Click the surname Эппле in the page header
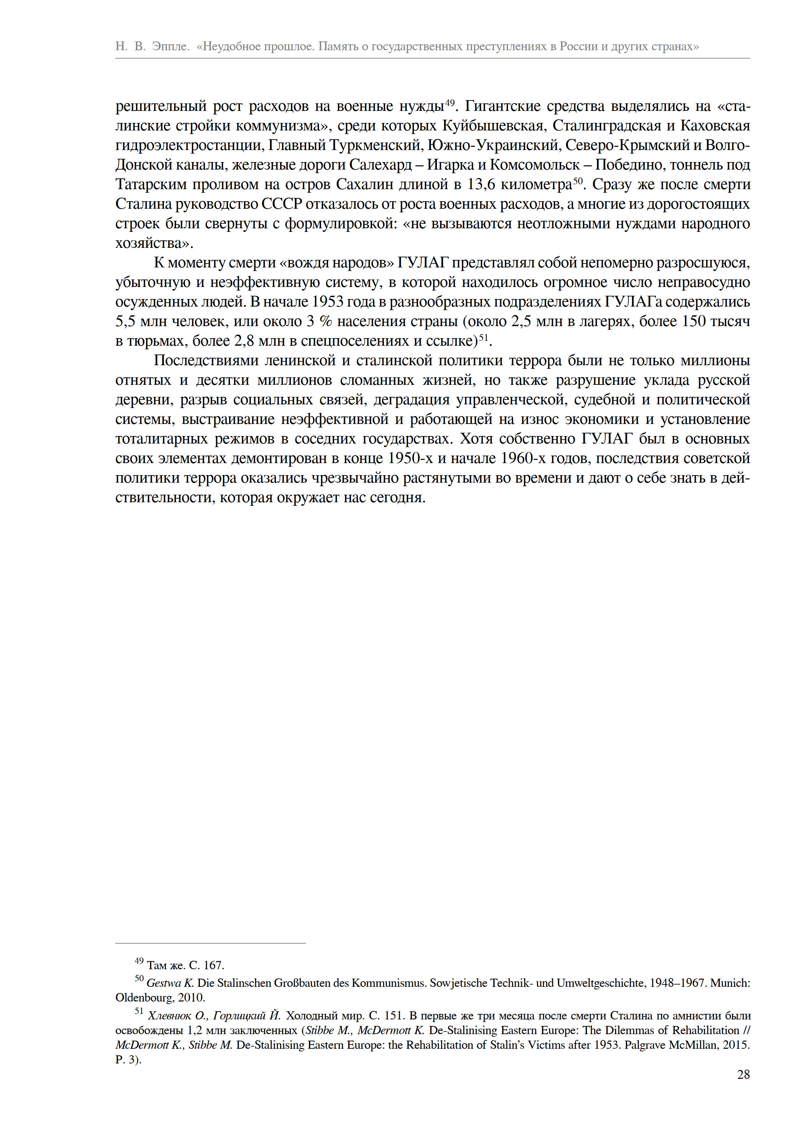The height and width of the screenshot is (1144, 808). [x=170, y=46]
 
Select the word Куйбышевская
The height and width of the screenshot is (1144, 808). [x=493, y=126]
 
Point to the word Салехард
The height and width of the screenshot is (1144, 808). [x=380, y=165]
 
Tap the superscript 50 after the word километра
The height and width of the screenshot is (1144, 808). [x=578, y=181]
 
